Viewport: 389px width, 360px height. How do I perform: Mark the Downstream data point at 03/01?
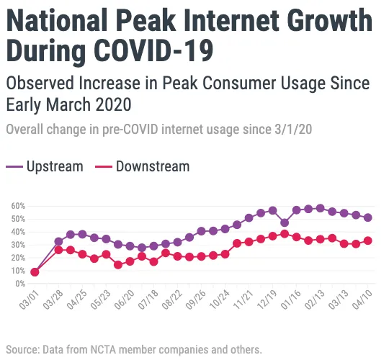click(x=35, y=271)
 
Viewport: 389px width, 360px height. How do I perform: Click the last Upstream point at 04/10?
click(x=368, y=217)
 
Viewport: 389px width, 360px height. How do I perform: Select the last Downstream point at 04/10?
click(x=368, y=240)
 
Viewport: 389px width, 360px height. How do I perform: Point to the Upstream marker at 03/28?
click(x=58, y=242)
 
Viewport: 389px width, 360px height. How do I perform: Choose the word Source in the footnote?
click(x=22, y=350)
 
